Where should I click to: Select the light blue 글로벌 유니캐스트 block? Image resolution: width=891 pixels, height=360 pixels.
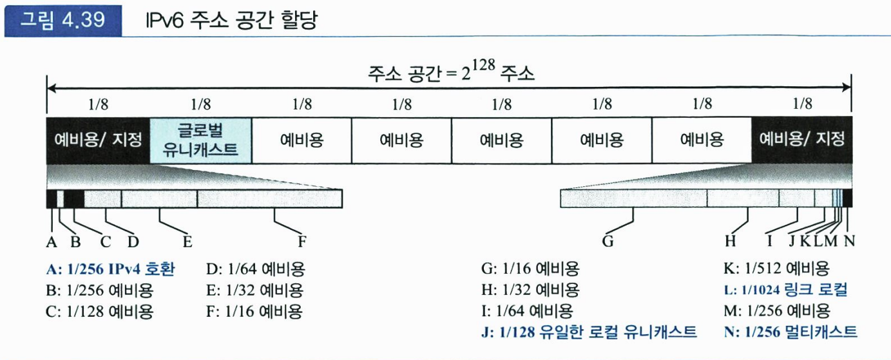(x=200, y=140)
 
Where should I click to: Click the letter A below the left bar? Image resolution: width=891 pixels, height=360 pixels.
(x=51, y=242)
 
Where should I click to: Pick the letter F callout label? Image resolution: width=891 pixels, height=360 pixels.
(x=301, y=242)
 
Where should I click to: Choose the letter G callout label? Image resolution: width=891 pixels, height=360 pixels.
(x=607, y=242)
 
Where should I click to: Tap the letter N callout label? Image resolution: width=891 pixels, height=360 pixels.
(x=849, y=242)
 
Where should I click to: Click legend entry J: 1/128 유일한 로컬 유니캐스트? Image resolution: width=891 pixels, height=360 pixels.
(x=589, y=332)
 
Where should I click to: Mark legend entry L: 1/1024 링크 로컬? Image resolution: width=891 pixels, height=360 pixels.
(x=785, y=290)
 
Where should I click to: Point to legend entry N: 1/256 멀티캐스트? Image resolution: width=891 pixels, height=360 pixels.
(x=790, y=332)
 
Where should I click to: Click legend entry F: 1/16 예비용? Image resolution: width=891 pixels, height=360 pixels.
(x=255, y=312)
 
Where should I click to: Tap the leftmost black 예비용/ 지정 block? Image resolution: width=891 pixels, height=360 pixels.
(x=97, y=140)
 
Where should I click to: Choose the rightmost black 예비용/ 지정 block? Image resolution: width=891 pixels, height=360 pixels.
(x=801, y=140)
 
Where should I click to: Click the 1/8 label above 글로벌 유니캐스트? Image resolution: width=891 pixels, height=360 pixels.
(x=200, y=104)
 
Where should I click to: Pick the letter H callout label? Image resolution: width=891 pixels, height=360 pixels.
(x=730, y=242)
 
